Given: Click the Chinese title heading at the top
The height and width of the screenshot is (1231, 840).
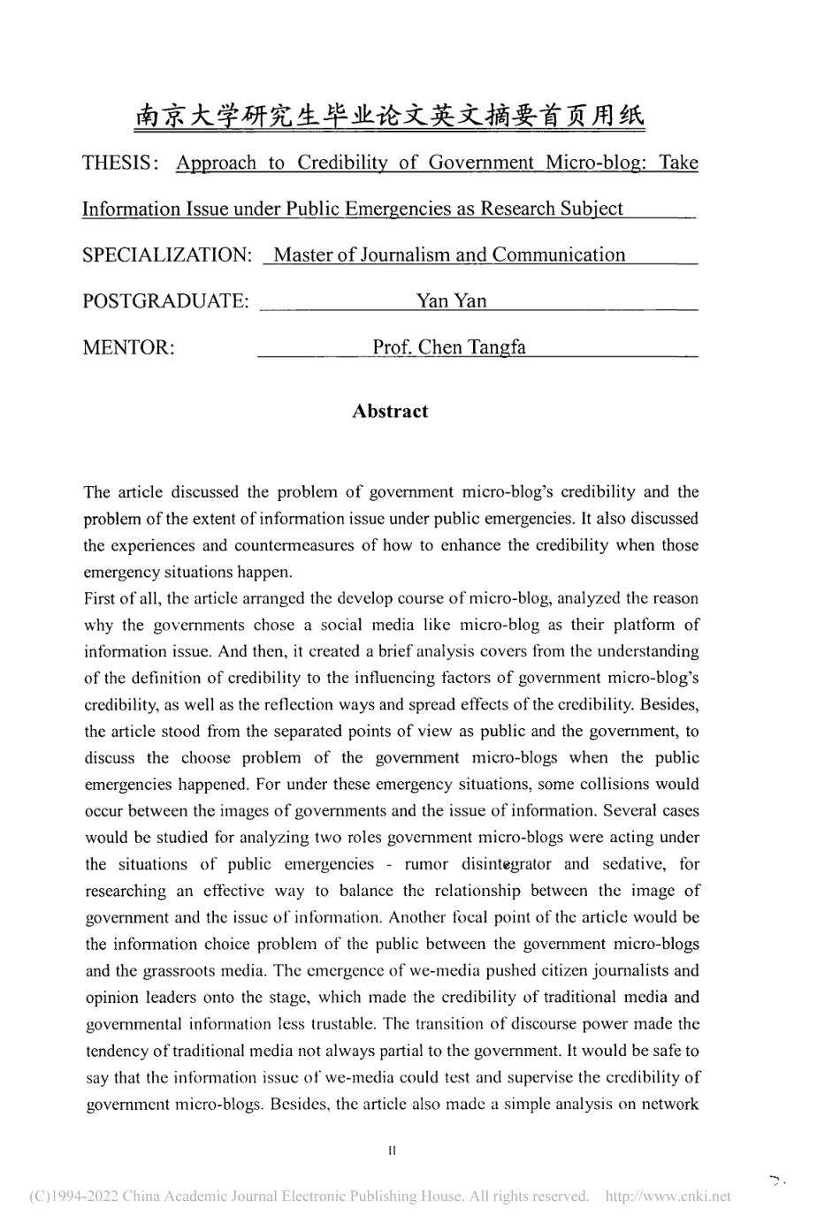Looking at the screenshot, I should pos(390,117).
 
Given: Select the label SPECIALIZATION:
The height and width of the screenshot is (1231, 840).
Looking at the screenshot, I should pos(167,255).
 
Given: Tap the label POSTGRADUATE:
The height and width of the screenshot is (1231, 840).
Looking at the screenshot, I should pos(165,301).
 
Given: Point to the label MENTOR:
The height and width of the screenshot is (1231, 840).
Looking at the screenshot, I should pos(128,347).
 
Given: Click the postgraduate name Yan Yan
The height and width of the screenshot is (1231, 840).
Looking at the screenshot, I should pos(451,301).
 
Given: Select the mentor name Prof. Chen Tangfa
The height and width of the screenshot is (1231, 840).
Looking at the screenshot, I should pos(449,347).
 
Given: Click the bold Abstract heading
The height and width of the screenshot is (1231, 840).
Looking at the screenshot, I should pos(390,411).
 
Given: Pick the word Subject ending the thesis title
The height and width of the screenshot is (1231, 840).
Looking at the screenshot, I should pos(591,209).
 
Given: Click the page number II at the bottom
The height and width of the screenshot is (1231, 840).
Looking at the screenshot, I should pos(392,1151).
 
